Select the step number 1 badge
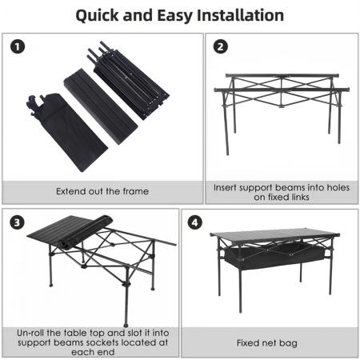(x=18, y=46)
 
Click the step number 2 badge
(x=221, y=46)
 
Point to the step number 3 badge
(x=18, y=222)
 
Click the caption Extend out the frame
(x=102, y=192)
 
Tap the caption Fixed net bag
(x=267, y=342)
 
